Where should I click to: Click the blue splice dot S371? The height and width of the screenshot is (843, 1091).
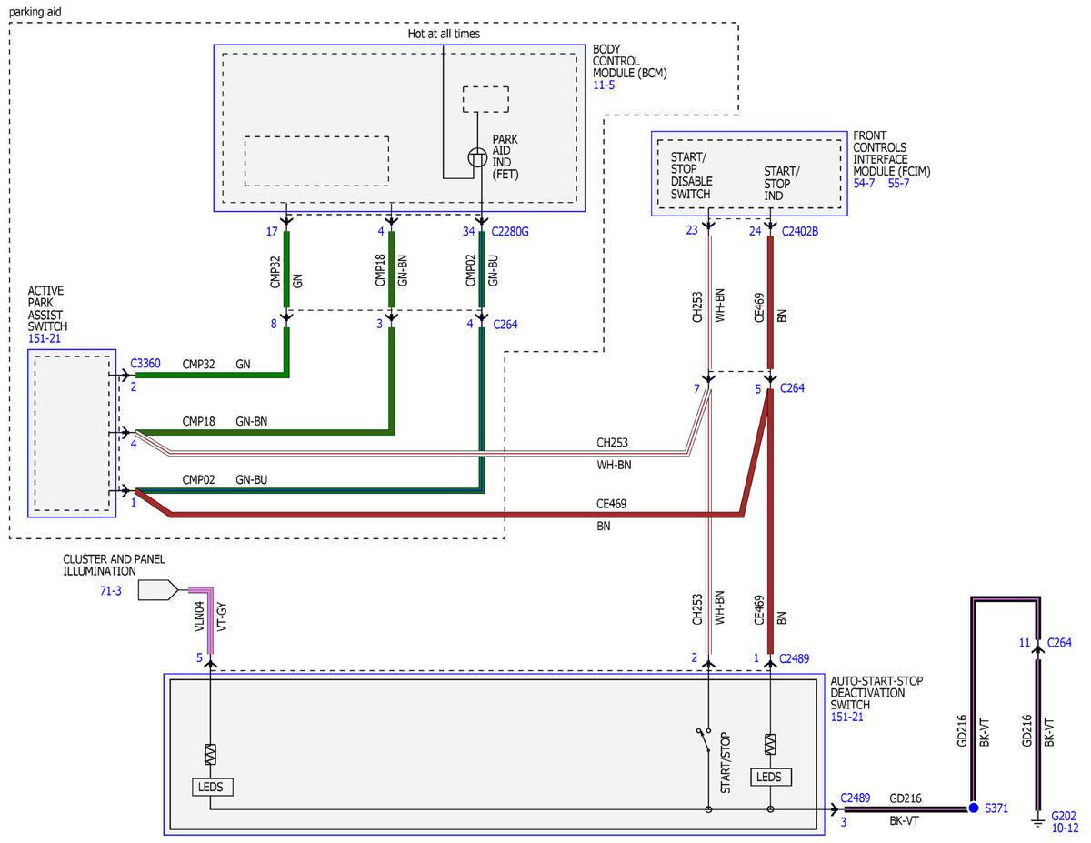[x=974, y=808]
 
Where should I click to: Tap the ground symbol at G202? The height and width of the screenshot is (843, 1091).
[x=1037, y=823]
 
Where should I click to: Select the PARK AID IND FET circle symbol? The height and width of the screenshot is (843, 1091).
[x=477, y=157]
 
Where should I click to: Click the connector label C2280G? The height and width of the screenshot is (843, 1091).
[x=510, y=232]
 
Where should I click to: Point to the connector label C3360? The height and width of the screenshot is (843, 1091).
[x=145, y=363]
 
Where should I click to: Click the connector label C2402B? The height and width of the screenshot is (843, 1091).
[x=800, y=231]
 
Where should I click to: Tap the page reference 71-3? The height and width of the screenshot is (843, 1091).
[x=110, y=591]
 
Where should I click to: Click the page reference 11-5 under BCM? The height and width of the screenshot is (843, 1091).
[x=604, y=85]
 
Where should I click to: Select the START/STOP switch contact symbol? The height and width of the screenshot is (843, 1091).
[x=704, y=740]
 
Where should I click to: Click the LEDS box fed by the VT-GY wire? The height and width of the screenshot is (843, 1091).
[x=213, y=787]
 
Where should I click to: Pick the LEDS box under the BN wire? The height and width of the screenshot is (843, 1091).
[x=771, y=777]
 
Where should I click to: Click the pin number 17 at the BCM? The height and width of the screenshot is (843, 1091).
[x=272, y=232]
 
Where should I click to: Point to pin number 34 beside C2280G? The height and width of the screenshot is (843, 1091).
[x=468, y=232]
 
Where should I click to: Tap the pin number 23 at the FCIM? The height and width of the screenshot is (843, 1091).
[x=692, y=230]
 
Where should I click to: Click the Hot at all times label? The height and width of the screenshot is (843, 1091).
[x=444, y=34]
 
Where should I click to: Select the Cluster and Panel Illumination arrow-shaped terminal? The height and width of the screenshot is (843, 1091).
[x=157, y=590]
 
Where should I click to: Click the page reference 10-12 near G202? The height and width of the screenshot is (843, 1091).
[x=1065, y=828]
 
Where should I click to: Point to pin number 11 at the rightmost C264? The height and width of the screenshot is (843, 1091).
[x=1025, y=643]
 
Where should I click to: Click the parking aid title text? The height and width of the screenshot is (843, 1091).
[x=35, y=12]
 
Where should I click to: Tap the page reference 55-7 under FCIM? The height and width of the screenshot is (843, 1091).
[x=898, y=184]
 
